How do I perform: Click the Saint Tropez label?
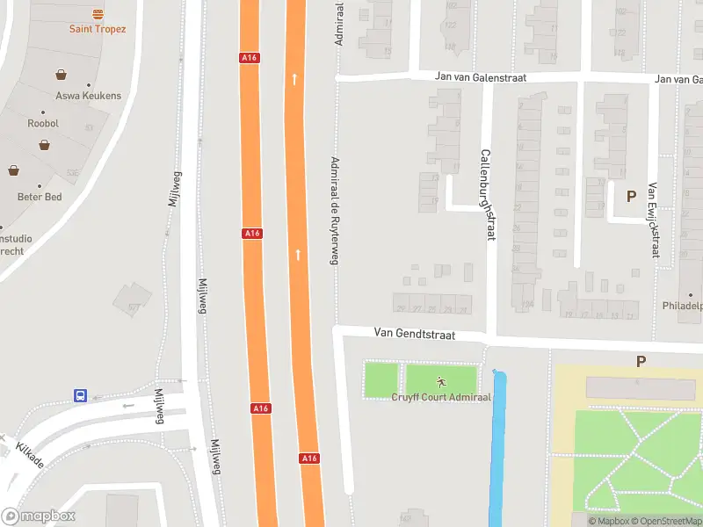pyautogui.click(x=98, y=29)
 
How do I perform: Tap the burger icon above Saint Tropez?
pyautogui.click(x=98, y=13)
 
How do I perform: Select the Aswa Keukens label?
pyautogui.click(x=88, y=96)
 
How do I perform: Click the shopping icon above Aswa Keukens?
pyautogui.click(x=61, y=75)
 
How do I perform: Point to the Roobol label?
pyautogui.click(x=43, y=124)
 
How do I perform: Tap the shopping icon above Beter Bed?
pyautogui.click(x=14, y=170)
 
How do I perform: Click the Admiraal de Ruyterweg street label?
pyautogui.click(x=334, y=209)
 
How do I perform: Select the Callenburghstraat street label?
pyautogui.click(x=486, y=193)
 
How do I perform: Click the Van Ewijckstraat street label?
pyautogui.click(x=653, y=220)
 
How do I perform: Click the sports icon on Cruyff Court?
pyautogui.click(x=440, y=381)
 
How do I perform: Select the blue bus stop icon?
pyautogui.click(x=80, y=396)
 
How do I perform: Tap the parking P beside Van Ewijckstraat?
pyautogui.click(x=630, y=197)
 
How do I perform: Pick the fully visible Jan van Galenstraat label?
pyautogui.click(x=481, y=77)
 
